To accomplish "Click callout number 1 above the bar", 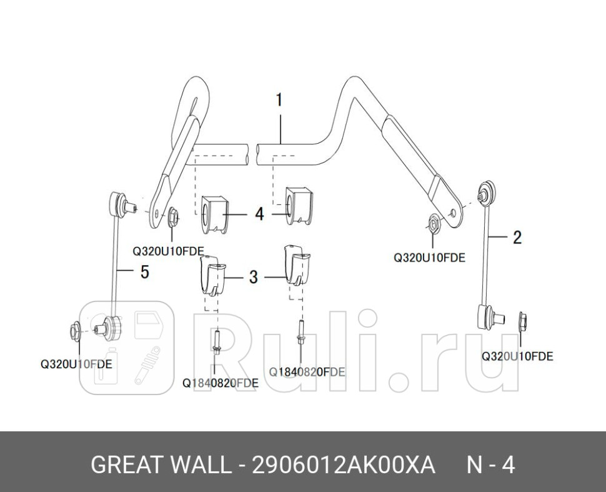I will pos(279,100).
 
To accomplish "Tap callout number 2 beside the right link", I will pos(517,237).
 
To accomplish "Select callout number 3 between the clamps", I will pos(253,277).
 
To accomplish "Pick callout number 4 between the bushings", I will pos(259,214).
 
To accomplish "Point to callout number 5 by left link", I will pos(144,272).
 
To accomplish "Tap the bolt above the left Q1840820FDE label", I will pos(216,343).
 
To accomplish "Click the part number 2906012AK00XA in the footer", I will pos(342,465).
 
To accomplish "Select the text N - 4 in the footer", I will pos(491,465).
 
